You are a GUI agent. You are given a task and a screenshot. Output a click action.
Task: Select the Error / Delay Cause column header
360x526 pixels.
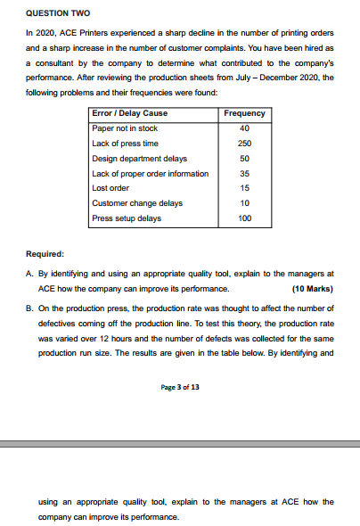[130, 113]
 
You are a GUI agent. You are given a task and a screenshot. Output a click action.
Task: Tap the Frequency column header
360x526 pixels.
[244, 113]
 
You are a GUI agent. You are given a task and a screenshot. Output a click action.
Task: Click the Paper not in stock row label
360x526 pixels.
[125, 128]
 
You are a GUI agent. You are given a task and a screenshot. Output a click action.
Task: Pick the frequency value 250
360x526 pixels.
[244, 144]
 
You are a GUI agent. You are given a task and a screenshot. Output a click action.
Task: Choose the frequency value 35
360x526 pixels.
[244, 173]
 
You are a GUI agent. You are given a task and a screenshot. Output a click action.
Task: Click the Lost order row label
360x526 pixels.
[111, 188]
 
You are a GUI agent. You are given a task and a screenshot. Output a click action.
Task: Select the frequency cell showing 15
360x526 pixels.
[244, 188]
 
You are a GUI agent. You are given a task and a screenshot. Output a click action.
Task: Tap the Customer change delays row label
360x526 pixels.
[137, 203]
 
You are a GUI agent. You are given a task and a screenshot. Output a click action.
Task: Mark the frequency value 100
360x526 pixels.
[244, 218]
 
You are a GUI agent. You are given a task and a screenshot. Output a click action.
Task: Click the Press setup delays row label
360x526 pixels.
[127, 218]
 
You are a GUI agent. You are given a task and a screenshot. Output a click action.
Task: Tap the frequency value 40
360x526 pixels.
[244, 128]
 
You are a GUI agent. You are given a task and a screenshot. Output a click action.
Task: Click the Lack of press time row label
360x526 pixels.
[126, 144]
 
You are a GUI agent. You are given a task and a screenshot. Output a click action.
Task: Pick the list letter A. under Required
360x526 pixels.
[30, 274]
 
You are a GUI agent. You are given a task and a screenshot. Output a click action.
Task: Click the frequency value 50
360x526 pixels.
[244, 158]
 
